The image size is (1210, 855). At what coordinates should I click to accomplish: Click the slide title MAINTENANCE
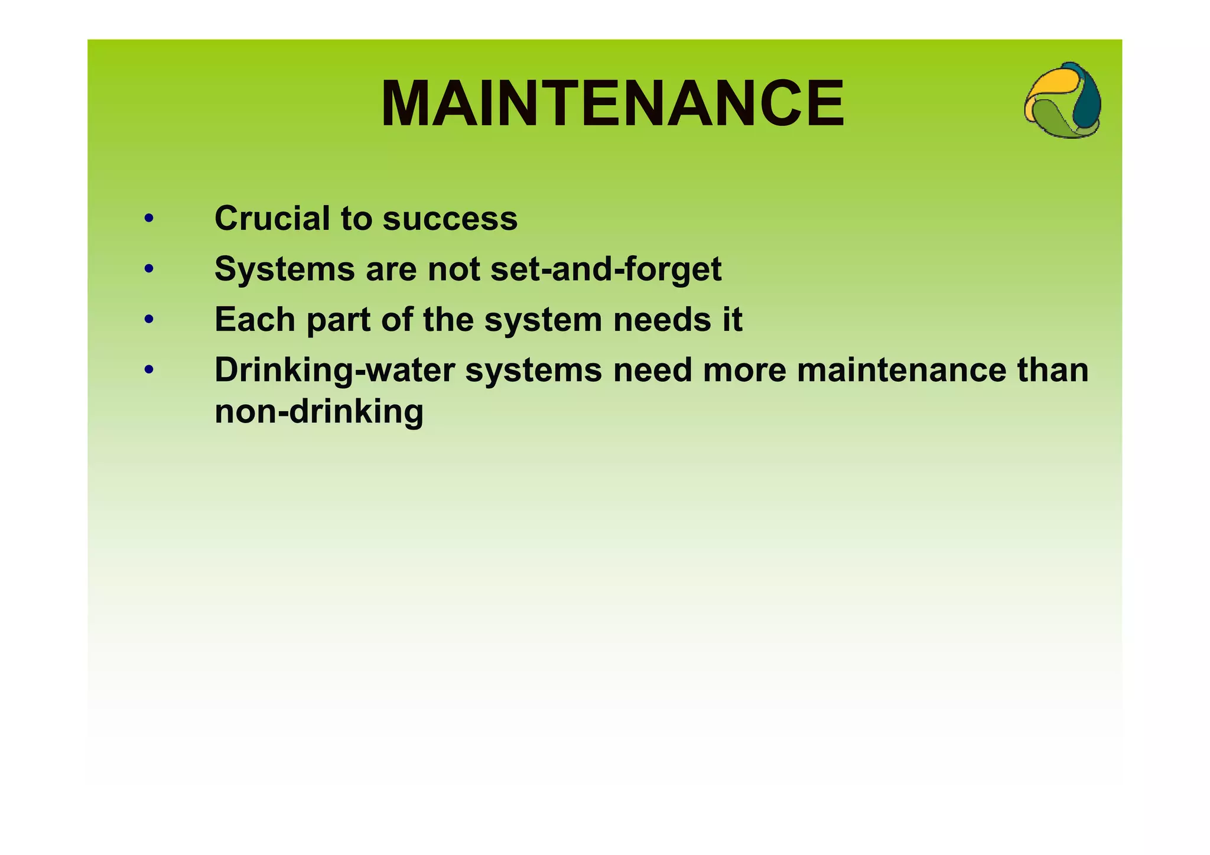(613, 104)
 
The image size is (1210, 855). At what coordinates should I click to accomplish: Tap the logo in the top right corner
(1062, 100)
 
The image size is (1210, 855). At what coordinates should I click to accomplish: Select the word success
(450, 219)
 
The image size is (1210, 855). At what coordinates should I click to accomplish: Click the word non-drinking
(319, 411)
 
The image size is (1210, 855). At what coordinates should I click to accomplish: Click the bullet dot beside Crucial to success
(149, 219)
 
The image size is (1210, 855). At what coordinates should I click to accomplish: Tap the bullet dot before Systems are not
(149, 269)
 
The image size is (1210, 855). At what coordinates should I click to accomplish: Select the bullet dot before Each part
(149, 320)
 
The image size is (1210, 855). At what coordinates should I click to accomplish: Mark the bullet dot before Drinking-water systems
(149, 370)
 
